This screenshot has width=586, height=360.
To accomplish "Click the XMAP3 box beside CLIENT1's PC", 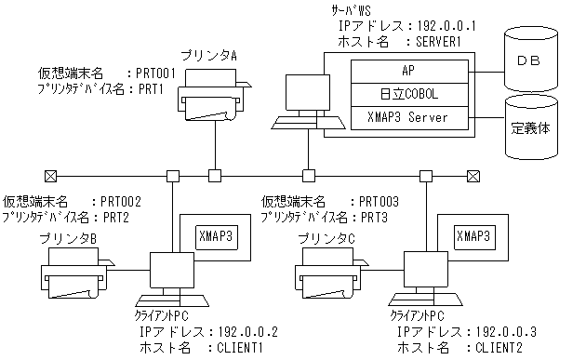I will [x=219, y=239].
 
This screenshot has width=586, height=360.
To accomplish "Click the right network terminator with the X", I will [x=473, y=175].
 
